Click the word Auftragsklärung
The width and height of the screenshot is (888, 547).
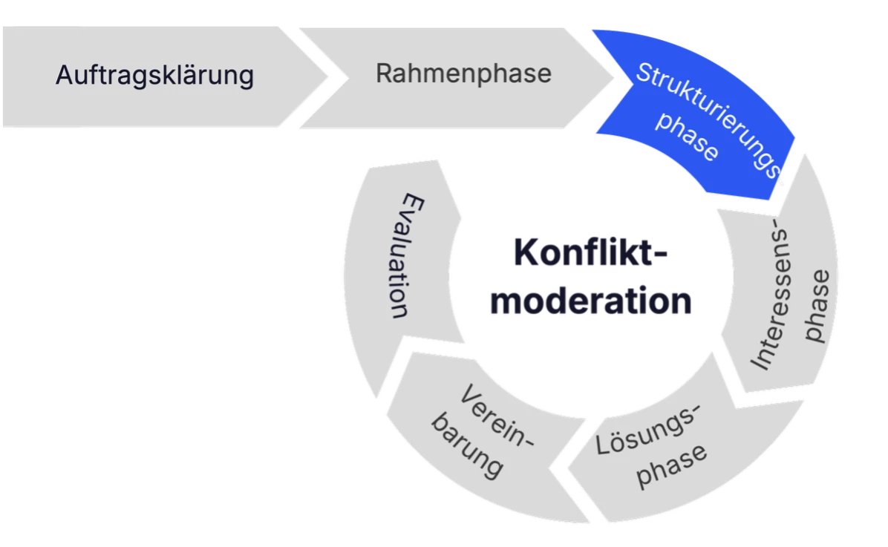154,76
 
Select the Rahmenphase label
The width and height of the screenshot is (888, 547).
463,73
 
